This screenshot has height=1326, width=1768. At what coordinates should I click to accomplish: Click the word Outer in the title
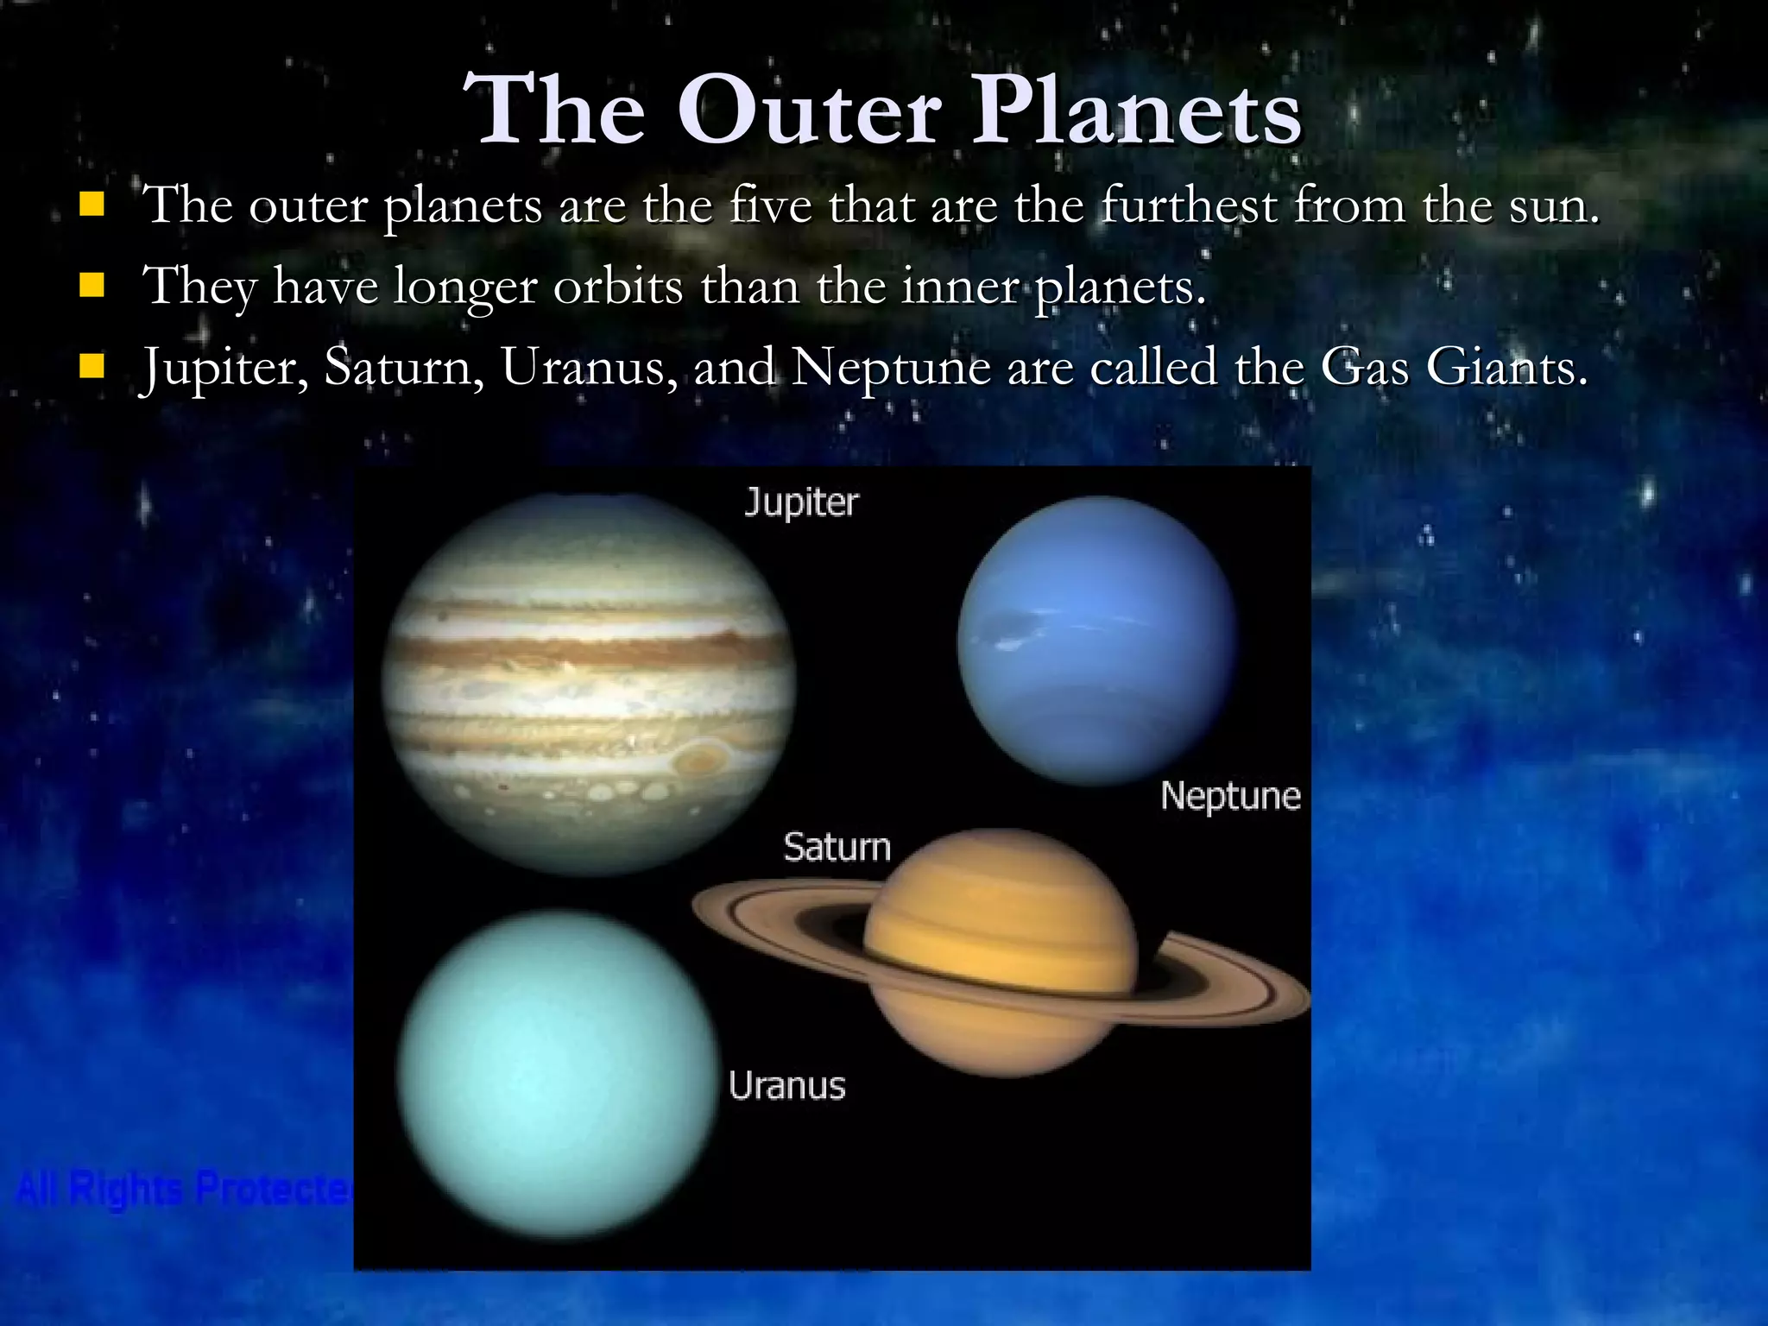[x=809, y=111]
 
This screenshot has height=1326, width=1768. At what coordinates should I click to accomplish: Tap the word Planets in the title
[x=1137, y=111]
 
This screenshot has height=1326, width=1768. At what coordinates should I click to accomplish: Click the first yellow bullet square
[x=91, y=205]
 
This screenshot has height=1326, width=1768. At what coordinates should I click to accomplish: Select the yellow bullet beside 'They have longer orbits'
[x=91, y=286]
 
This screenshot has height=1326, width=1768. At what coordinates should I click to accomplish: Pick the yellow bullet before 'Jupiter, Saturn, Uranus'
[x=91, y=367]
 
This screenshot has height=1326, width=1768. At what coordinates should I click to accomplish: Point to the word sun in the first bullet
[x=1554, y=207]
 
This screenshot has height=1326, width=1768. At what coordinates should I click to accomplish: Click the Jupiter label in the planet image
[x=801, y=502]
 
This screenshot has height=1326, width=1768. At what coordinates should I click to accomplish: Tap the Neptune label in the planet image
[x=1230, y=796]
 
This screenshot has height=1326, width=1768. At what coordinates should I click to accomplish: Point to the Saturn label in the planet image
[x=837, y=847]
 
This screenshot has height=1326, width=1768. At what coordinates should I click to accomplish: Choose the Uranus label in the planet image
[x=786, y=1086]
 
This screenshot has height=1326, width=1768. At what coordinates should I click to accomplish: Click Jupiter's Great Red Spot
[x=698, y=760]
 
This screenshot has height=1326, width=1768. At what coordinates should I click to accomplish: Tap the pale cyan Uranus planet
[x=557, y=1075]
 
